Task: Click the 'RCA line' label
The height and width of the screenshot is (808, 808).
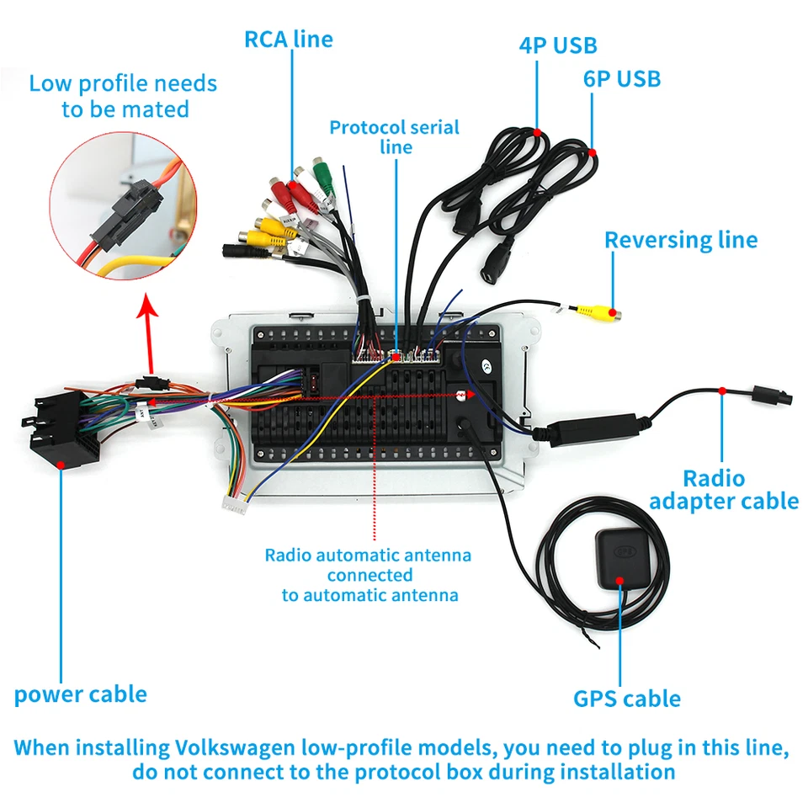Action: pyautogui.click(x=289, y=40)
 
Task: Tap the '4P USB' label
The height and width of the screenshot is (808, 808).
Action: pyautogui.click(x=558, y=45)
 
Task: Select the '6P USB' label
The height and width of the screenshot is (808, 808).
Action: pyautogui.click(x=622, y=79)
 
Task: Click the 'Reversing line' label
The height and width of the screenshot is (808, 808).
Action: pyautogui.click(x=681, y=240)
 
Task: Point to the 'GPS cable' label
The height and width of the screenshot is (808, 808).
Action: pyautogui.click(x=627, y=699)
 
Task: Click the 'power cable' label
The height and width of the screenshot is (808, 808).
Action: pyautogui.click(x=81, y=694)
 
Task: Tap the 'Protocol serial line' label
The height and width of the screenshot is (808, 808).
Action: pyautogui.click(x=395, y=137)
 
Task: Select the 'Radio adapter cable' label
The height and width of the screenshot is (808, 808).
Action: pyautogui.click(x=724, y=490)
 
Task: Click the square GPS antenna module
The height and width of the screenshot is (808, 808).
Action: pyautogui.click(x=624, y=559)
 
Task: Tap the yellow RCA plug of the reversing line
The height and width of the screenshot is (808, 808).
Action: pyautogui.click(x=598, y=311)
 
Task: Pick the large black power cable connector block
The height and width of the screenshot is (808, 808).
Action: pyautogui.click(x=61, y=429)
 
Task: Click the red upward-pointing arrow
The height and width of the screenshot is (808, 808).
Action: pyautogui.click(x=150, y=333)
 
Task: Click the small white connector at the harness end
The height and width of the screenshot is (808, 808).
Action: pyautogui.click(x=234, y=504)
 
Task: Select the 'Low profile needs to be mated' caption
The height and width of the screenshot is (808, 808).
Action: pyautogui.click(x=123, y=96)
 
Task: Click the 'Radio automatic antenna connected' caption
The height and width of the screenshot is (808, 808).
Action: pyautogui.click(x=368, y=566)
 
